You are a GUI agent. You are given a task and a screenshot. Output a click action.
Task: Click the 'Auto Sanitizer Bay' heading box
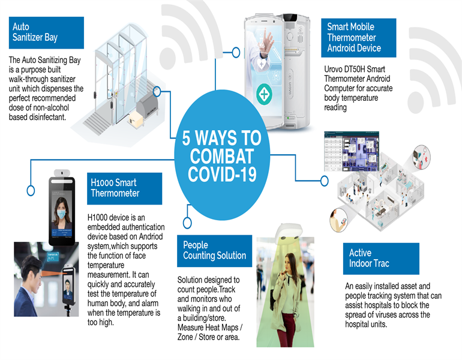[x=46, y=33]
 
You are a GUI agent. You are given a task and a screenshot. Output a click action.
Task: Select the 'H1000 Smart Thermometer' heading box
[x=124, y=188]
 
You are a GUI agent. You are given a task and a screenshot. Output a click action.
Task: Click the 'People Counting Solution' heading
[x=215, y=251]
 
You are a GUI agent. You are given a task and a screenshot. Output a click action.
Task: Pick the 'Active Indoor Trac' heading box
[x=381, y=259]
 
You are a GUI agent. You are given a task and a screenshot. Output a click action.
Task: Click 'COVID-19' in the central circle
[x=222, y=175]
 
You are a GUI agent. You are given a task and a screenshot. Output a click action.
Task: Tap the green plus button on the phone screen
[x=264, y=94]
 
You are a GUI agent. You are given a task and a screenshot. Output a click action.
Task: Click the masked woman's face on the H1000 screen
[x=61, y=211]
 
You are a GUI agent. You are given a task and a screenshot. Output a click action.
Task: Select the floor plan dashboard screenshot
[x=352, y=151]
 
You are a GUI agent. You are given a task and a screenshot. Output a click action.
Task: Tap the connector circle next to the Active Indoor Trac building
[x=325, y=181]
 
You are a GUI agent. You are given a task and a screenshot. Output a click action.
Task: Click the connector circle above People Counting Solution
[x=187, y=223]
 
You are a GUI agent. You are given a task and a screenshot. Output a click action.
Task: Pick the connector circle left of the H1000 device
[x=31, y=190]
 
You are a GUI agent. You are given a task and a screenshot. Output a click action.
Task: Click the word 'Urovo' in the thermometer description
[x=332, y=69]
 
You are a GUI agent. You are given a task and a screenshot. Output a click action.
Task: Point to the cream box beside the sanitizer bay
[x=136, y=119]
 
